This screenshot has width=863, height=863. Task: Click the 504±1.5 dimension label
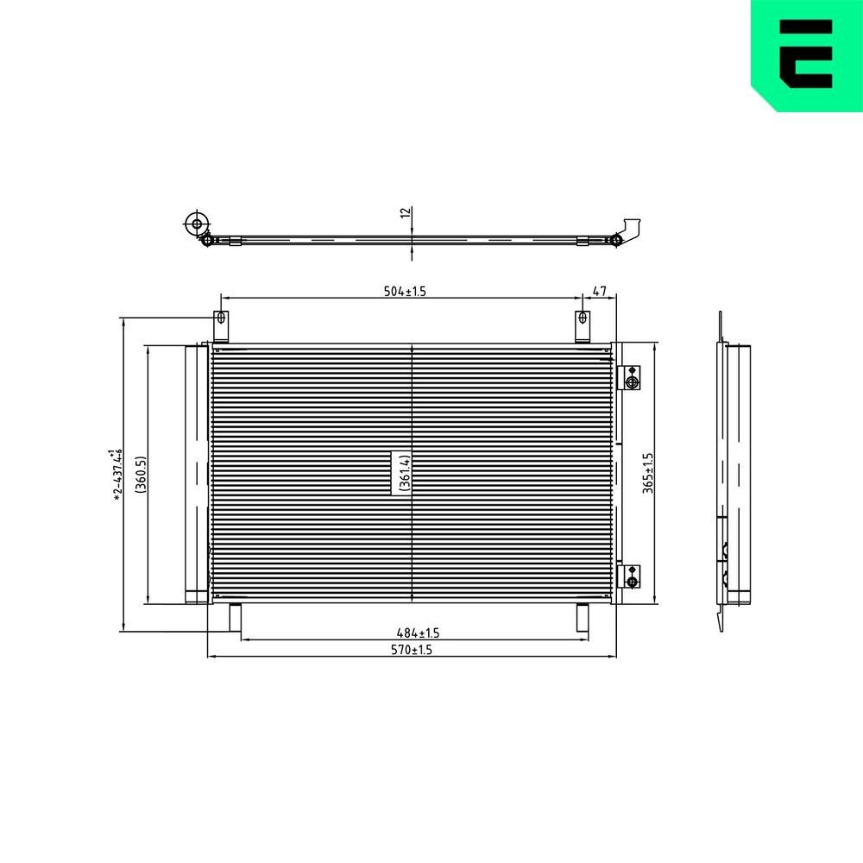pyautogui.click(x=405, y=291)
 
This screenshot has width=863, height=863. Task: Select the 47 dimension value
pyautogui.click(x=600, y=291)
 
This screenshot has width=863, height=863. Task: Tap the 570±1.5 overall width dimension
pyautogui.click(x=410, y=650)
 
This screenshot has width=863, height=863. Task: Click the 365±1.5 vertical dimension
pyautogui.click(x=648, y=473)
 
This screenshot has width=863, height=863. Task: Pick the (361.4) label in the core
pyautogui.click(x=402, y=472)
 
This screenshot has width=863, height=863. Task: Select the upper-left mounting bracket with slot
pyautogui.click(x=221, y=326)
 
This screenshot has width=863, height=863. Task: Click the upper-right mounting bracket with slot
pyautogui.click(x=583, y=326)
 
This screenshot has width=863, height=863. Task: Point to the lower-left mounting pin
pyautogui.click(x=234, y=618)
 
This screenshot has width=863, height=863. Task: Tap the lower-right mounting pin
pyautogui.click(x=582, y=618)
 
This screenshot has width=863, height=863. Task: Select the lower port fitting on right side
pyautogui.click(x=631, y=576)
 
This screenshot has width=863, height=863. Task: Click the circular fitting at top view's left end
pyautogui.click(x=197, y=224)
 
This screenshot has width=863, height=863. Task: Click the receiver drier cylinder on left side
pyautogui.click(x=196, y=473)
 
